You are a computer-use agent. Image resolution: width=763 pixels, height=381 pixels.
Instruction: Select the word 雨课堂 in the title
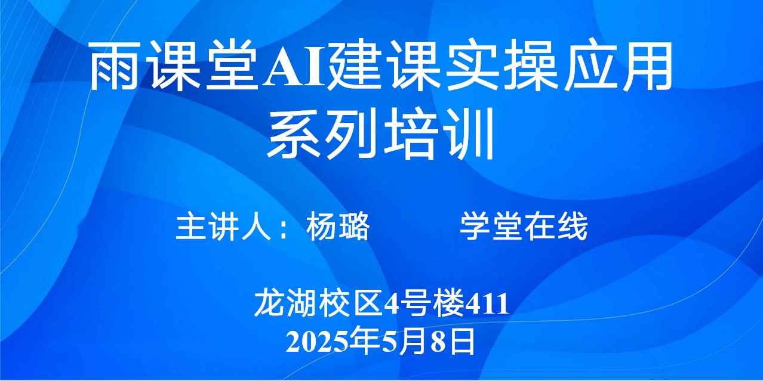tap(174, 66)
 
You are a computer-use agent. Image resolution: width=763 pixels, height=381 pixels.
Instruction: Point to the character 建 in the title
tap(354, 66)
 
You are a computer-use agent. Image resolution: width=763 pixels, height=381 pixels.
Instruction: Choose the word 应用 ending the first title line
tap(619, 66)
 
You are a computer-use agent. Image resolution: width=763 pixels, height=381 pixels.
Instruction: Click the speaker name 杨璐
tap(338, 226)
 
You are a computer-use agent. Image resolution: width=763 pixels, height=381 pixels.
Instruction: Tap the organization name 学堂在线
tap(524, 226)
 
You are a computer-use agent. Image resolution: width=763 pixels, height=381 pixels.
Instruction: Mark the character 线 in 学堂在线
tap(572, 226)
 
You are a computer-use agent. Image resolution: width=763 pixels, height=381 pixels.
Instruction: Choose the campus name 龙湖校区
tap(318, 302)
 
